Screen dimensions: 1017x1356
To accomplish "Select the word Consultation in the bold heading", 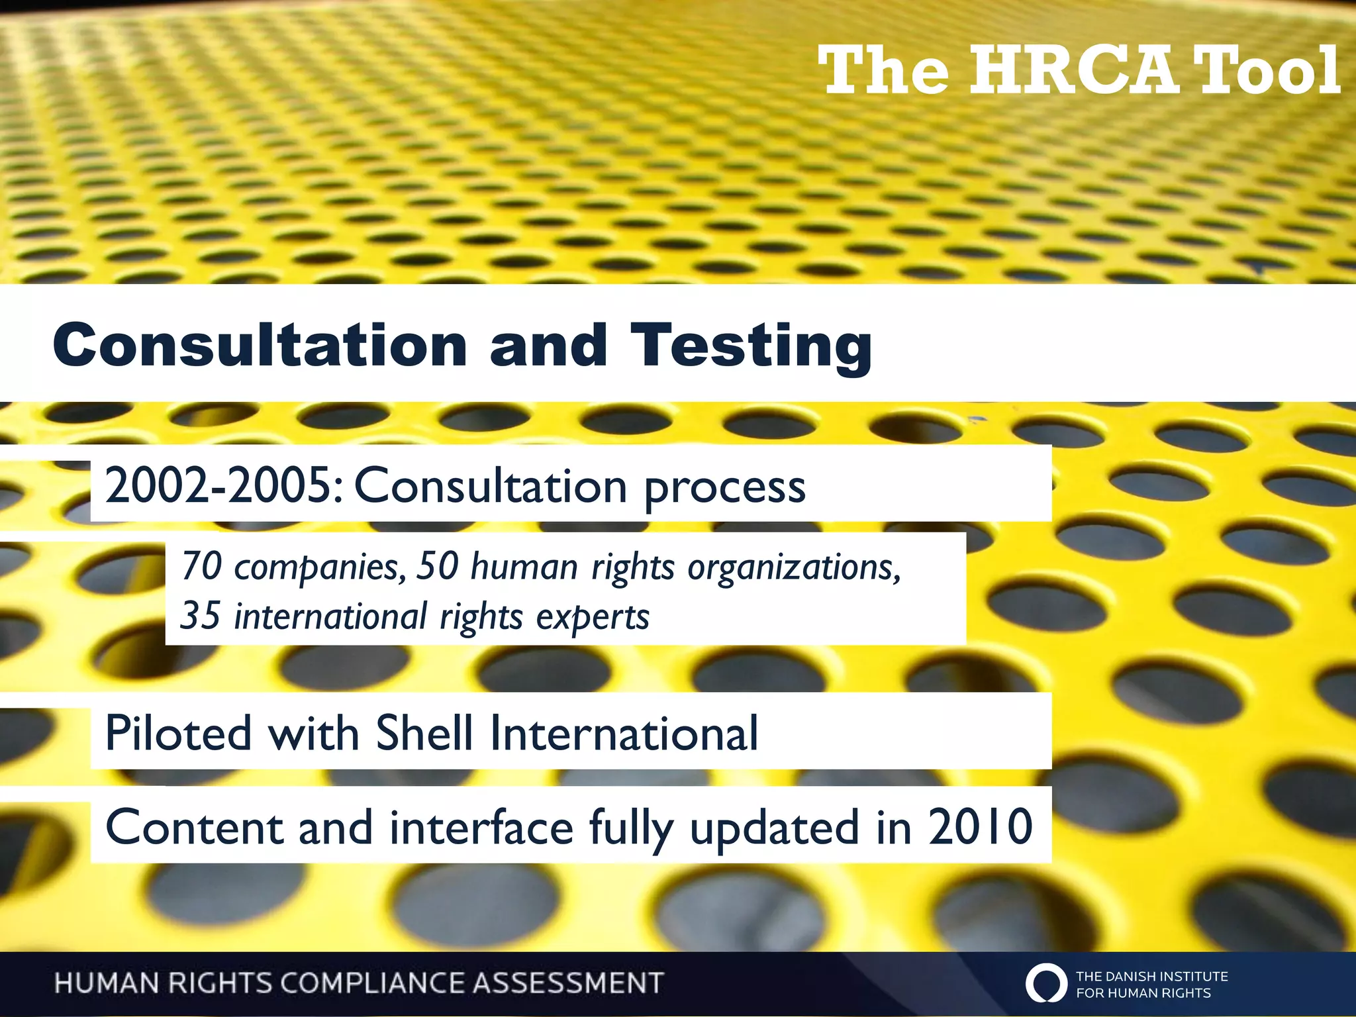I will pos(260,346).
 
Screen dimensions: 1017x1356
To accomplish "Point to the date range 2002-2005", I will pos(224,485).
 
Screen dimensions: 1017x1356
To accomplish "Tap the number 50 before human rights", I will pos(437,566).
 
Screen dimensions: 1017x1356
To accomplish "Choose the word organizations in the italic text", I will pos(794,568).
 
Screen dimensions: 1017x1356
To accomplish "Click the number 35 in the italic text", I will pos(200,616).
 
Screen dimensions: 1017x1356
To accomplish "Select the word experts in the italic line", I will pos(593,618).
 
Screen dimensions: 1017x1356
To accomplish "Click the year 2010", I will pos(980,827).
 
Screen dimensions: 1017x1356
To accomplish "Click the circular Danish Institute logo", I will pos(1046,983).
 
